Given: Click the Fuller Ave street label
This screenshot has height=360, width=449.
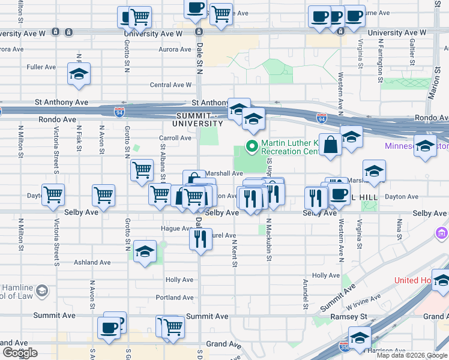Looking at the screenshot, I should (41, 67).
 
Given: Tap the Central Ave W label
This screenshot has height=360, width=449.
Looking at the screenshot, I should (170, 85).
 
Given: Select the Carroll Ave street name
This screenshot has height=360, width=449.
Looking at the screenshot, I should (175, 138).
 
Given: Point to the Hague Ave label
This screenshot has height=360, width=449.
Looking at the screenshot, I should (176, 229).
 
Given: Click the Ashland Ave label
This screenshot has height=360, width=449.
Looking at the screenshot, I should (92, 262).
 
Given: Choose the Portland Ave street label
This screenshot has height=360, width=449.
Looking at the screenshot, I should (174, 298).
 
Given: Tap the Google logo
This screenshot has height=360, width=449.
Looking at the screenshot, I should (20, 353).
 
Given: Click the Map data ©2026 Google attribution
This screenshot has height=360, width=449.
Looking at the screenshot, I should (412, 355).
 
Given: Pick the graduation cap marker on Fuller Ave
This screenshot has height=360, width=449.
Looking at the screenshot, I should (79, 74).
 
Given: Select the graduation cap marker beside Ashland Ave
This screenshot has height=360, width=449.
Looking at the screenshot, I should (145, 251).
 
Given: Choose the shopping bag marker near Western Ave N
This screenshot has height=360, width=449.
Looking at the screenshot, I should (330, 145).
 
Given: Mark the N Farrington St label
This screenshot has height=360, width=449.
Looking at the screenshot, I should (381, 61).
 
